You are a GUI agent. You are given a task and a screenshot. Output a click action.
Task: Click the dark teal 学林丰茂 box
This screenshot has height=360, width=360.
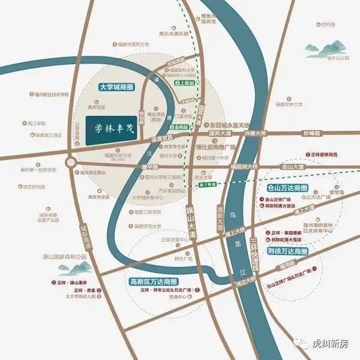click(113, 126)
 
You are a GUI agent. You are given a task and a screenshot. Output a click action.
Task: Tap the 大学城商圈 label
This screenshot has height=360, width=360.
click(119, 87)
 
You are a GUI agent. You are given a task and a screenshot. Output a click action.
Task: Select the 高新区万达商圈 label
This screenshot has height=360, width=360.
click(154, 281)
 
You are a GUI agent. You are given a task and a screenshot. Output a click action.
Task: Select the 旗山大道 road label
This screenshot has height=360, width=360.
click(191, 215)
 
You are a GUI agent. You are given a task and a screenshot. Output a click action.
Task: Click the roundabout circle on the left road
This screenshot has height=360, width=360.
click(71, 162)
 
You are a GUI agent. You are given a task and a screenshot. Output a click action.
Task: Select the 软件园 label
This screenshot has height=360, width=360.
click(328, 25)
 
